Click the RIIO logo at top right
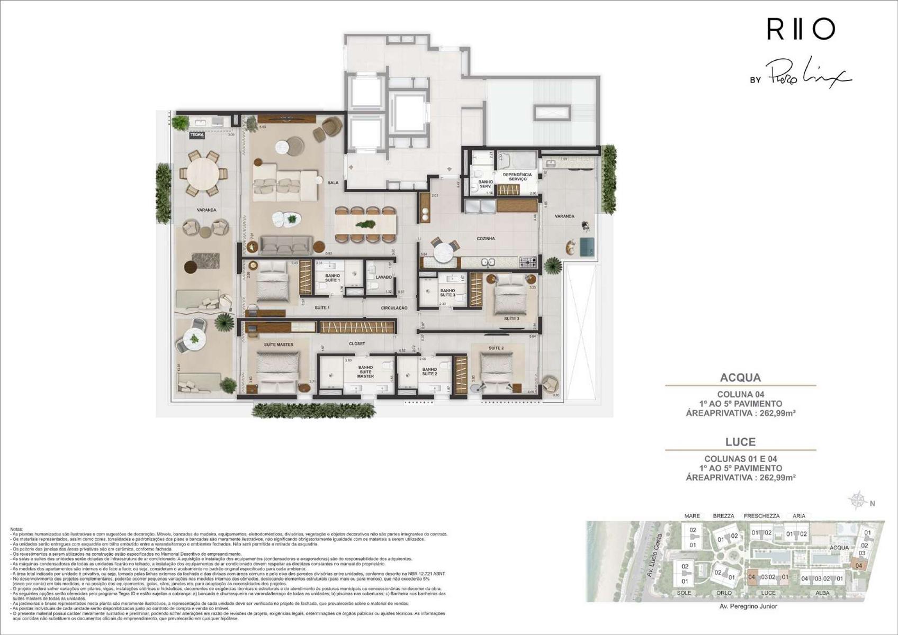(801, 29)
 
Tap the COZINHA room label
(486, 239)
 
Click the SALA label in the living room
(333, 183)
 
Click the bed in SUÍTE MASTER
(277, 368)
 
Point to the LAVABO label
(383, 277)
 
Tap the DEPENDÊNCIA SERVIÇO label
(517, 177)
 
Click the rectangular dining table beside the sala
(365, 224)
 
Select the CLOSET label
(357, 343)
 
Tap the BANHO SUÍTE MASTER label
(365, 371)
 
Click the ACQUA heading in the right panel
(740, 378)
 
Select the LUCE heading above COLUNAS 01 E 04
(740, 442)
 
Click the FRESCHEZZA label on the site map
(761, 516)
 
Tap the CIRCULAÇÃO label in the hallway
(394, 307)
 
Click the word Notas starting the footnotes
(17, 529)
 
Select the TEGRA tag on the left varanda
(197, 135)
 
